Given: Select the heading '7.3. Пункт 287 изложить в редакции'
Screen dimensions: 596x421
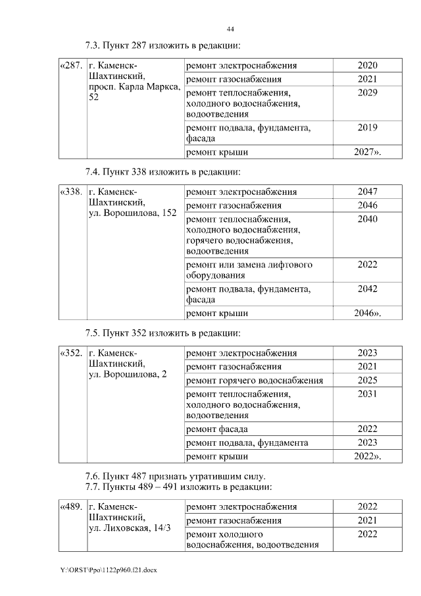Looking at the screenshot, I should pyautogui.click(x=162, y=46).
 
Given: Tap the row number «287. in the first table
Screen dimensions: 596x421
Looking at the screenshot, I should pyautogui.click(x=72, y=66).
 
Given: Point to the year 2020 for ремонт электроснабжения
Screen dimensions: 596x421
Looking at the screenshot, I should pyautogui.click(x=367, y=66).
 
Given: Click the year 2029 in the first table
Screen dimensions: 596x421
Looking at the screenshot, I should pyautogui.click(x=367, y=93).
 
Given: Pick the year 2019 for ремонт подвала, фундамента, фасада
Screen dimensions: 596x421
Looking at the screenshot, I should pyautogui.click(x=367, y=128).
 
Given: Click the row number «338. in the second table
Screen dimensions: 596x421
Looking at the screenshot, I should pyautogui.click(x=72, y=192).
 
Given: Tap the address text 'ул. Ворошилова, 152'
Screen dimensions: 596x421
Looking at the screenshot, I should pyautogui.click(x=132, y=213).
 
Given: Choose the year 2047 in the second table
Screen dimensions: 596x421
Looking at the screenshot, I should pyautogui.click(x=367, y=192).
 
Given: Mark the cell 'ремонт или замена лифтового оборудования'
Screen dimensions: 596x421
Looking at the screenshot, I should pyautogui.click(x=249, y=270).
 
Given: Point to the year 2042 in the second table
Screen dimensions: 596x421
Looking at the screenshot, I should pyautogui.click(x=367, y=288).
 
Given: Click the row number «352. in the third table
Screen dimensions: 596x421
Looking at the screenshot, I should pyautogui.click(x=72, y=354).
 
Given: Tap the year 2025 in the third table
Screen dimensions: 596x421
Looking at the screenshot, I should pyautogui.click(x=367, y=381).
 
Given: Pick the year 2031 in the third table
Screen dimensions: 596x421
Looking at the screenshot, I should pyautogui.click(x=367, y=394).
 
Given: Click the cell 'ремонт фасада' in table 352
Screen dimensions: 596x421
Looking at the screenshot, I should pyautogui.click(x=216, y=429).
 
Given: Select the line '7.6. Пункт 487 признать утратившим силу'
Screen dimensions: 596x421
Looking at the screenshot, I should pyautogui.click(x=176, y=476).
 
